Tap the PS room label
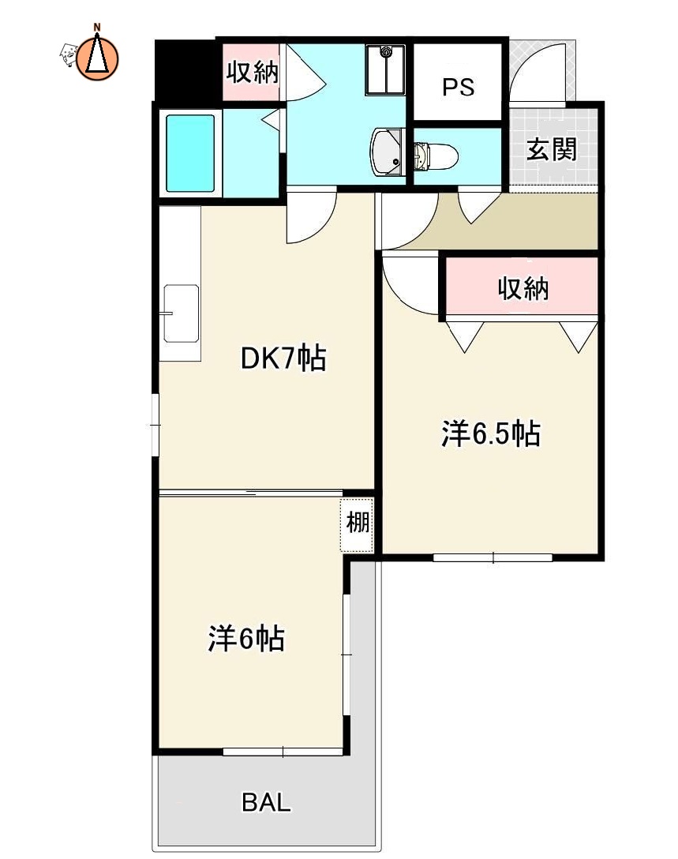coord(458,87)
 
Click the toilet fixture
coord(435,156)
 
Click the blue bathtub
coord(190,153)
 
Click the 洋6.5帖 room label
coord(490,433)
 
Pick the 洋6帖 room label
coord(246,639)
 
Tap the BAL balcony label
coord(266,804)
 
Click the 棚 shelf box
coord(358,523)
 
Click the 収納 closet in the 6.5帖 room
coord(523,289)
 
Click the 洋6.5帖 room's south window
coord(493,557)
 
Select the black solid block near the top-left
coord(185,69)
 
